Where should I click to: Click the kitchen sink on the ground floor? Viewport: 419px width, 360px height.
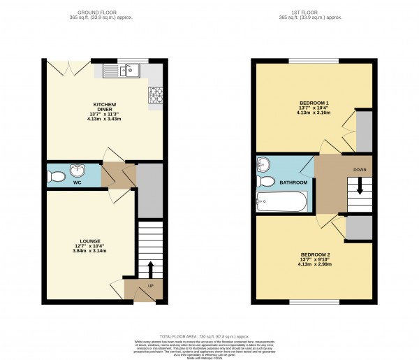pos(121,70)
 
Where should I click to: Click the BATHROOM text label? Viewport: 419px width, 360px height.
pos(294,182)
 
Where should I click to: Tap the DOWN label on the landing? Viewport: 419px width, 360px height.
pos(359,170)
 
